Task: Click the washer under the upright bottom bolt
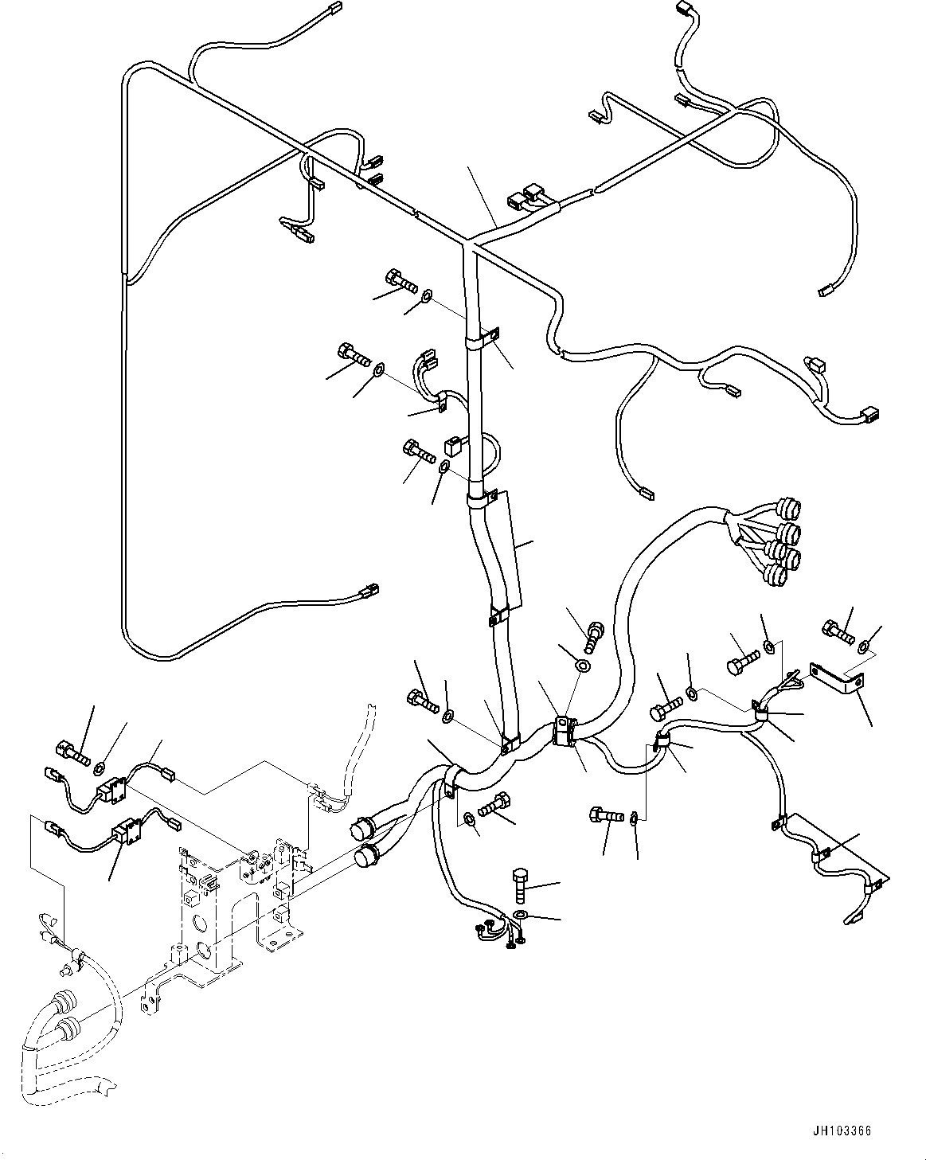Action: (520, 914)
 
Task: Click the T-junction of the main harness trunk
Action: (470, 239)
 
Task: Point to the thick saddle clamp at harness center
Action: (563, 732)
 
